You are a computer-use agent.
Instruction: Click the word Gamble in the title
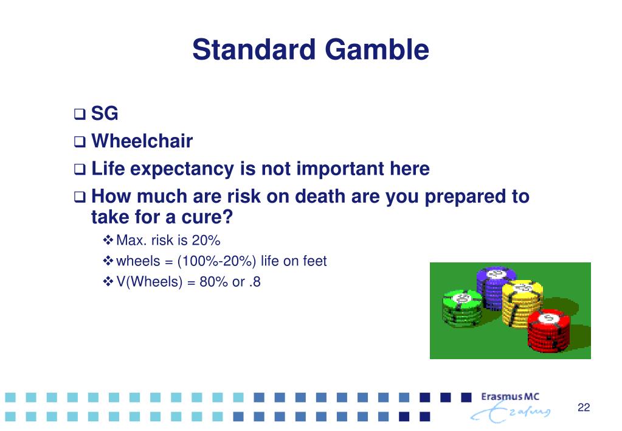(x=377, y=50)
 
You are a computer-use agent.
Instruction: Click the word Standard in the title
(x=254, y=50)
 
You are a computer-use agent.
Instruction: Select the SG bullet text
(x=105, y=113)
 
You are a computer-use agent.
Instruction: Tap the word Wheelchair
(x=142, y=141)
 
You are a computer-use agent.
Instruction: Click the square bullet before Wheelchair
(x=79, y=142)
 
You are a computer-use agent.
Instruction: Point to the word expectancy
(x=182, y=169)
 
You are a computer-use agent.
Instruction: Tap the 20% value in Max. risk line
(x=206, y=240)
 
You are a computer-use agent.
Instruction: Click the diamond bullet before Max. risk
(x=108, y=240)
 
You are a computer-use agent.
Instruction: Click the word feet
(x=314, y=261)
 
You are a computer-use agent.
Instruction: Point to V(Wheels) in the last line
(x=149, y=282)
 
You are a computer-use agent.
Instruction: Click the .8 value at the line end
(x=255, y=282)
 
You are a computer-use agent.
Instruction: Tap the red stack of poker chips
(x=548, y=330)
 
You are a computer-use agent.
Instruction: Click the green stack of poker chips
(x=463, y=308)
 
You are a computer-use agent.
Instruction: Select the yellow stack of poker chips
(x=522, y=303)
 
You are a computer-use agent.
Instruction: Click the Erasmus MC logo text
(x=510, y=396)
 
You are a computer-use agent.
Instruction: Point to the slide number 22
(x=584, y=407)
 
